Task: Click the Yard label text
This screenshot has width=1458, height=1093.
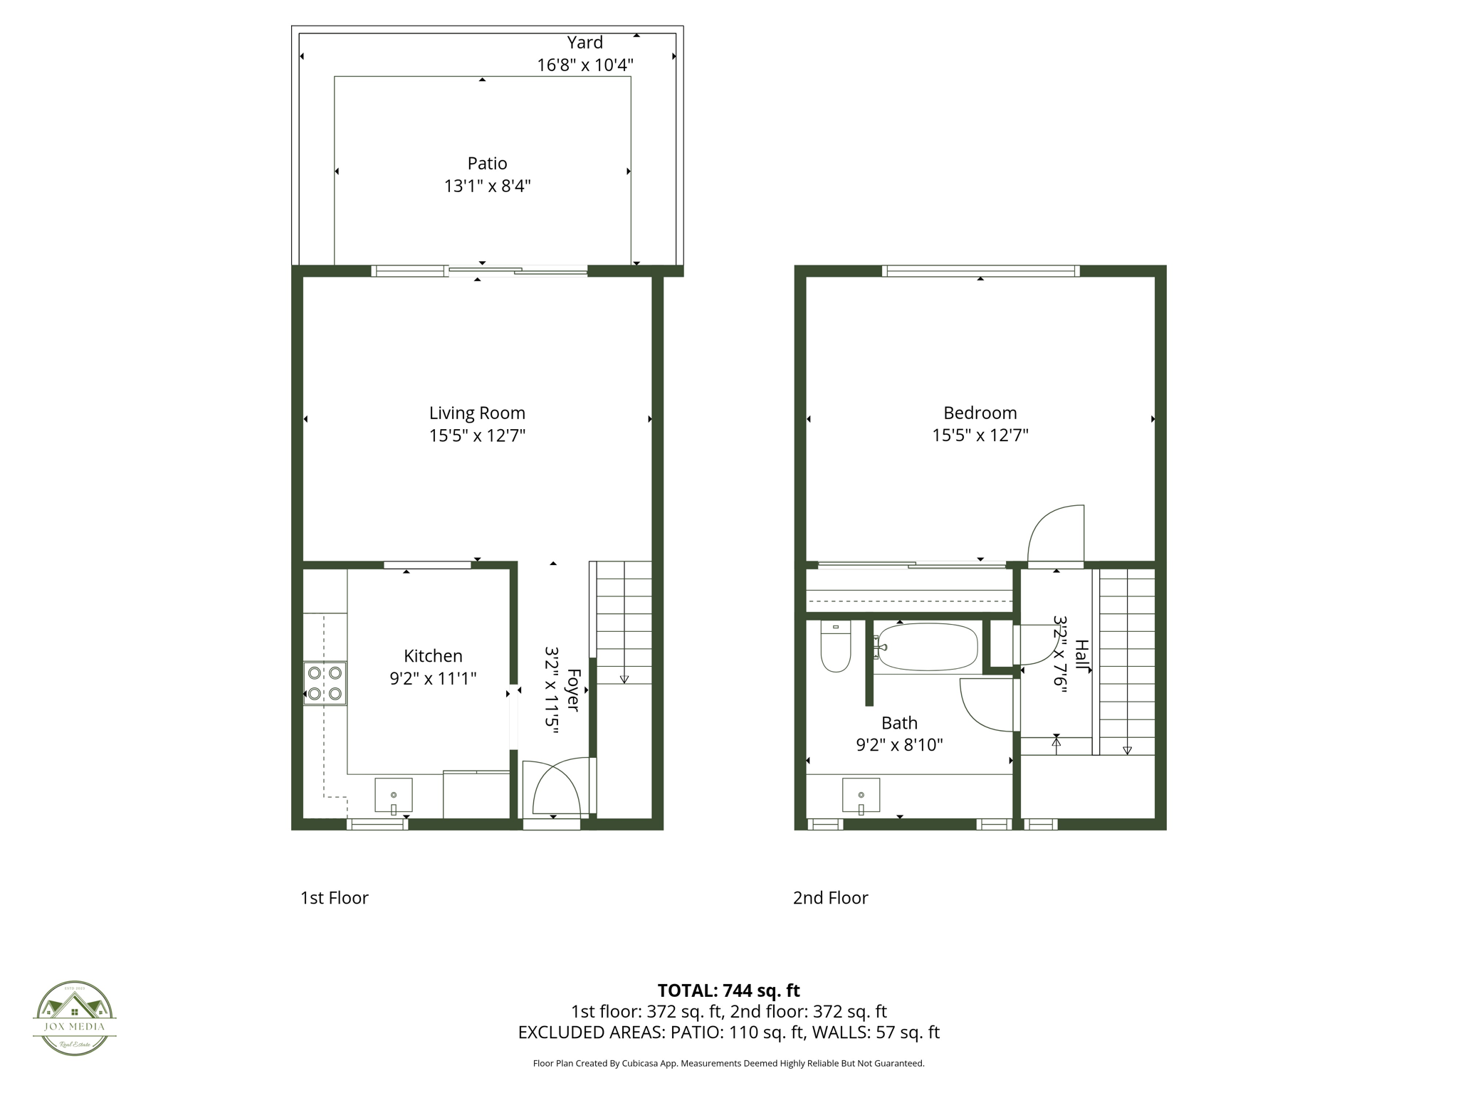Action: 584,43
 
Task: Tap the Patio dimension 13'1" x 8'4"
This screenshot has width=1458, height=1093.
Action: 487,186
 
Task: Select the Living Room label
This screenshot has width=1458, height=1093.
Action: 477,413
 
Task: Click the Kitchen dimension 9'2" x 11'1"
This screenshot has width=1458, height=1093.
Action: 433,679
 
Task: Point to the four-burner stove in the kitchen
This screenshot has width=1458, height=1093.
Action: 325,683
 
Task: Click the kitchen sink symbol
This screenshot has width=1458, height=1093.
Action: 394,796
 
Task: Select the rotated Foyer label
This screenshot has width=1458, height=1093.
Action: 573,690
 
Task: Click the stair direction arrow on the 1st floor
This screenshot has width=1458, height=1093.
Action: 624,679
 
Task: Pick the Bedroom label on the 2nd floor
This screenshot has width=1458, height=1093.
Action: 980,413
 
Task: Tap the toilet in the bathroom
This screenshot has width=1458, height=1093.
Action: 836,648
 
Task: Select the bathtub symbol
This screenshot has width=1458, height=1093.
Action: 927,648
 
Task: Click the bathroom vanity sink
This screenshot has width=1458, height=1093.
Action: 861,796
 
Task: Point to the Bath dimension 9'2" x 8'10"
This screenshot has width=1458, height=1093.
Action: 899,745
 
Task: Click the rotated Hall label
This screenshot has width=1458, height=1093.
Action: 1081,655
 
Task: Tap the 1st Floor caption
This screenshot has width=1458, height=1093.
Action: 334,898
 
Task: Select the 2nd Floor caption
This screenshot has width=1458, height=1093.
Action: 830,898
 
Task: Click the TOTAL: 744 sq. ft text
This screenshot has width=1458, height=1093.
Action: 728,991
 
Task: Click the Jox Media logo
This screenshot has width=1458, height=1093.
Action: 75,1018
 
